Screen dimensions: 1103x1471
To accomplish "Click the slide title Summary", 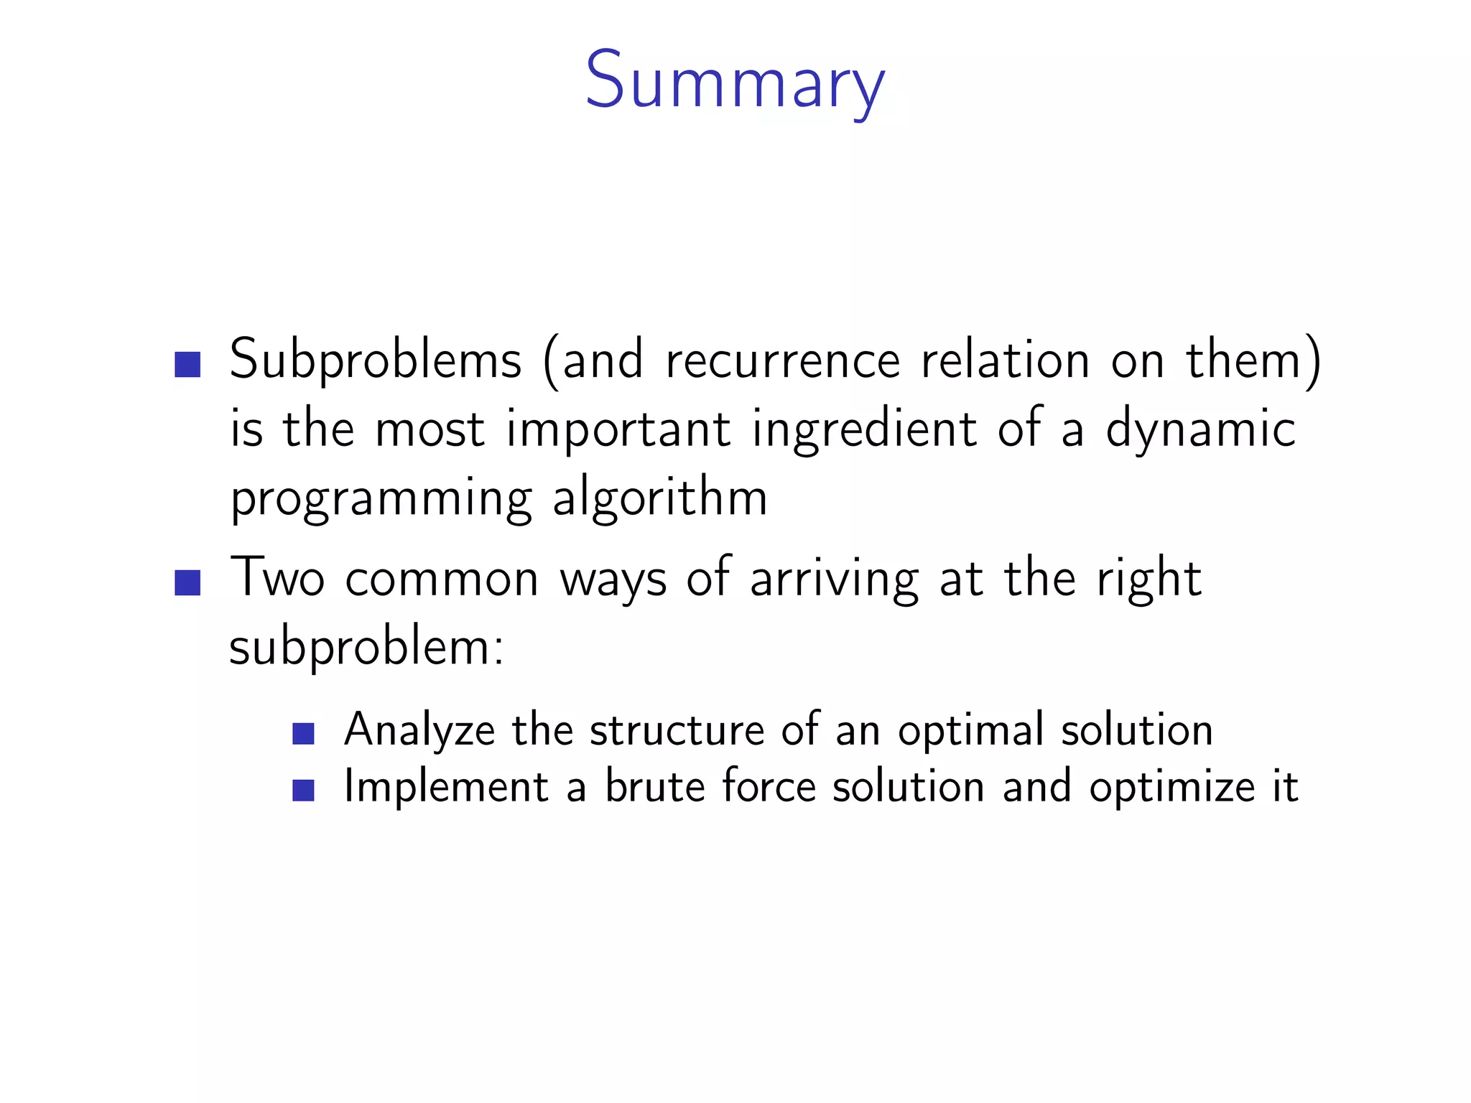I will [x=735, y=81].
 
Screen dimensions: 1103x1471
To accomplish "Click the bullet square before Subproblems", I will [x=187, y=364].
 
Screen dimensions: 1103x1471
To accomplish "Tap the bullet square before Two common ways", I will [x=187, y=582].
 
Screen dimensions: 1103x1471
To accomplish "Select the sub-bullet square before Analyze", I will [x=304, y=734].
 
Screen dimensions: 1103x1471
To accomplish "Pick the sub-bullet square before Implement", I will [x=304, y=790].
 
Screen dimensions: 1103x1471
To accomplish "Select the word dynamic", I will [x=1200, y=429].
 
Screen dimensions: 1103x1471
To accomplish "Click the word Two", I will [x=277, y=577].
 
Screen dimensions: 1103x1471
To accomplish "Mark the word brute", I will [x=655, y=786].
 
